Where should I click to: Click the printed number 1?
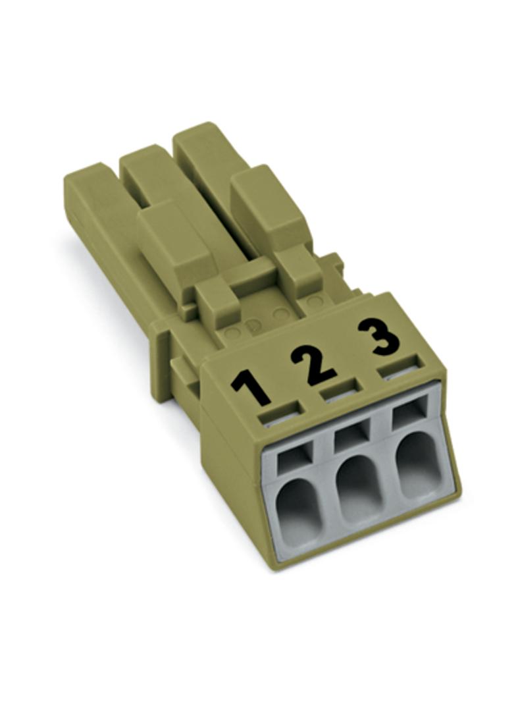(251, 385)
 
